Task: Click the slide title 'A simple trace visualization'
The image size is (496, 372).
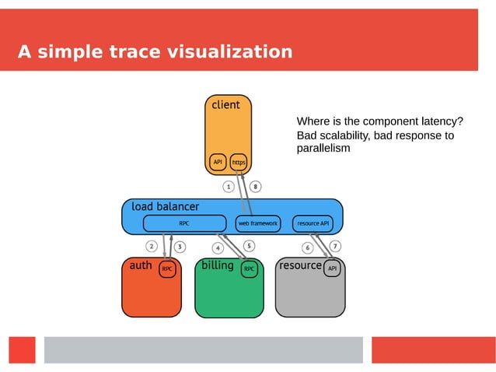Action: (155, 52)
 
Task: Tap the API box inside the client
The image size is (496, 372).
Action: (218, 162)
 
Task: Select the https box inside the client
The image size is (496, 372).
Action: (239, 162)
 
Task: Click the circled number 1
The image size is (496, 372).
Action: (229, 187)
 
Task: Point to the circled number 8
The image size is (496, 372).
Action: (256, 187)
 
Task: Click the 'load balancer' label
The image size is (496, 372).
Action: (165, 207)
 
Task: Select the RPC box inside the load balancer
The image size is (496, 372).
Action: (184, 223)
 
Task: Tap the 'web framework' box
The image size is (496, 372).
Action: (257, 223)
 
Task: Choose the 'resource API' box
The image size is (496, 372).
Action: (313, 223)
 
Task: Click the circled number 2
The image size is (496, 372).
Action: (152, 247)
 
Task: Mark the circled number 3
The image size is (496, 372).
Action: (180, 247)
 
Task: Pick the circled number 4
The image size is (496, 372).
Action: (218, 248)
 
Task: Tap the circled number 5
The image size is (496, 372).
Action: (249, 246)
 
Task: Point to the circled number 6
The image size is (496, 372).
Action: (307, 248)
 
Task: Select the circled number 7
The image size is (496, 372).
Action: (335, 246)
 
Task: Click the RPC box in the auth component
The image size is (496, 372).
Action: (167, 269)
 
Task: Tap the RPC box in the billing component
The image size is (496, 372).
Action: (249, 269)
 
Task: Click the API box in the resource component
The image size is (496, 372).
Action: (332, 268)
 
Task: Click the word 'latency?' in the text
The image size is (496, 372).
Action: (441, 121)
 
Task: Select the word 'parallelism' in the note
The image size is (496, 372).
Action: (323, 148)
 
